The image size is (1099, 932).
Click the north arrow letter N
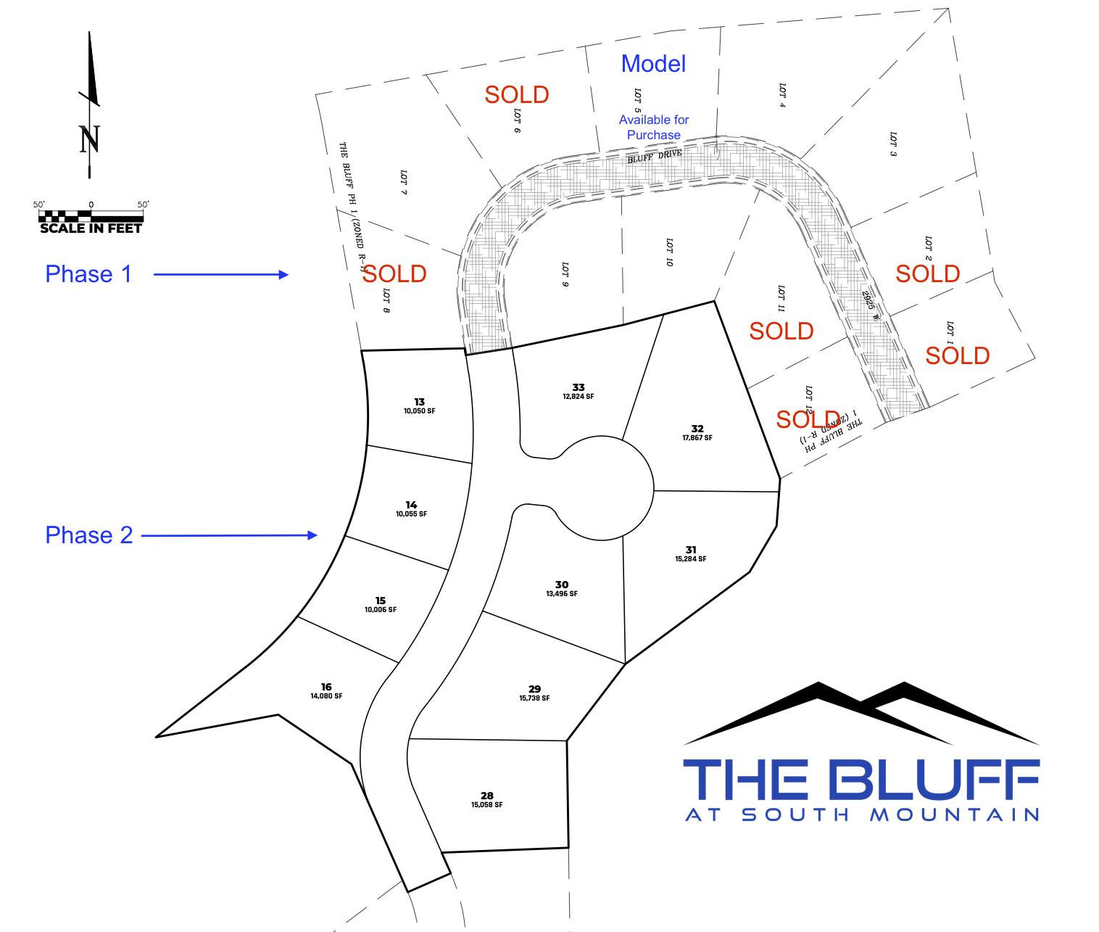click(x=89, y=139)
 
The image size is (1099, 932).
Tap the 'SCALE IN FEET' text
click(x=91, y=228)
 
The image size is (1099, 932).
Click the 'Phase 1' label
click(x=88, y=274)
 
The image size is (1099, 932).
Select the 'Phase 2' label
click(x=89, y=535)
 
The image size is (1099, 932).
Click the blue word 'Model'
click(x=653, y=64)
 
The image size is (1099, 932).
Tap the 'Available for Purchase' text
click(x=654, y=127)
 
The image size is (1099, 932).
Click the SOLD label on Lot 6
click(x=516, y=95)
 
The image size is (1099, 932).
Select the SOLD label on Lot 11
click(x=781, y=331)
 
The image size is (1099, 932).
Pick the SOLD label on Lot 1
click(x=957, y=356)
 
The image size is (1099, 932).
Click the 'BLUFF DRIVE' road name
click(x=655, y=156)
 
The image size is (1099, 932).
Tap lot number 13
click(x=420, y=402)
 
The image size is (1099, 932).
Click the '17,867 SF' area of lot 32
click(x=697, y=438)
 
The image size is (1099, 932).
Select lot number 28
click(x=487, y=796)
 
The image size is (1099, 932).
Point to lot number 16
click(x=326, y=687)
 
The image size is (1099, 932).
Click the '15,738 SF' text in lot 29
click(x=534, y=698)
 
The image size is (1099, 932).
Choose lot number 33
click(x=578, y=387)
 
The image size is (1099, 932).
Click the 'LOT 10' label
click(x=669, y=252)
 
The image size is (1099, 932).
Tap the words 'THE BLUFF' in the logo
click(x=861, y=780)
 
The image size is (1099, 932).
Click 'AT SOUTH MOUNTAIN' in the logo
click(x=863, y=815)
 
